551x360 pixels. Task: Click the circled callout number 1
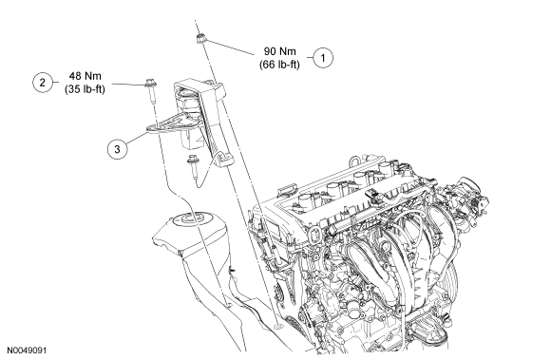tap(323, 57)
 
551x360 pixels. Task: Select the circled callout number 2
tap(43, 83)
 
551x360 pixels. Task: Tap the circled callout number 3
tap(118, 149)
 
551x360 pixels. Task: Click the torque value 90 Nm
tap(279, 51)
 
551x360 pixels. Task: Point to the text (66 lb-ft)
tap(279, 65)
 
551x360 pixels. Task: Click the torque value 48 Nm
tap(85, 76)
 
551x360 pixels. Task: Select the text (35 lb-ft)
tap(85, 89)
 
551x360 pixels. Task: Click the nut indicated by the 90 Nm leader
tap(200, 38)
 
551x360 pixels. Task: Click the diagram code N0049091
tap(27, 351)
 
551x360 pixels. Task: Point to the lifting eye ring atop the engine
tap(354, 161)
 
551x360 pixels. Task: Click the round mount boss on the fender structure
tap(191, 220)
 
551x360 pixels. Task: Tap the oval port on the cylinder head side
tap(315, 236)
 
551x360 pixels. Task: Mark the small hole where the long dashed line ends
tap(278, 327)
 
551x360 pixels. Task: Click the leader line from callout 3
tap(136, 138)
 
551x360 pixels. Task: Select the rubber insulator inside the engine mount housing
tap(188, 100)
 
